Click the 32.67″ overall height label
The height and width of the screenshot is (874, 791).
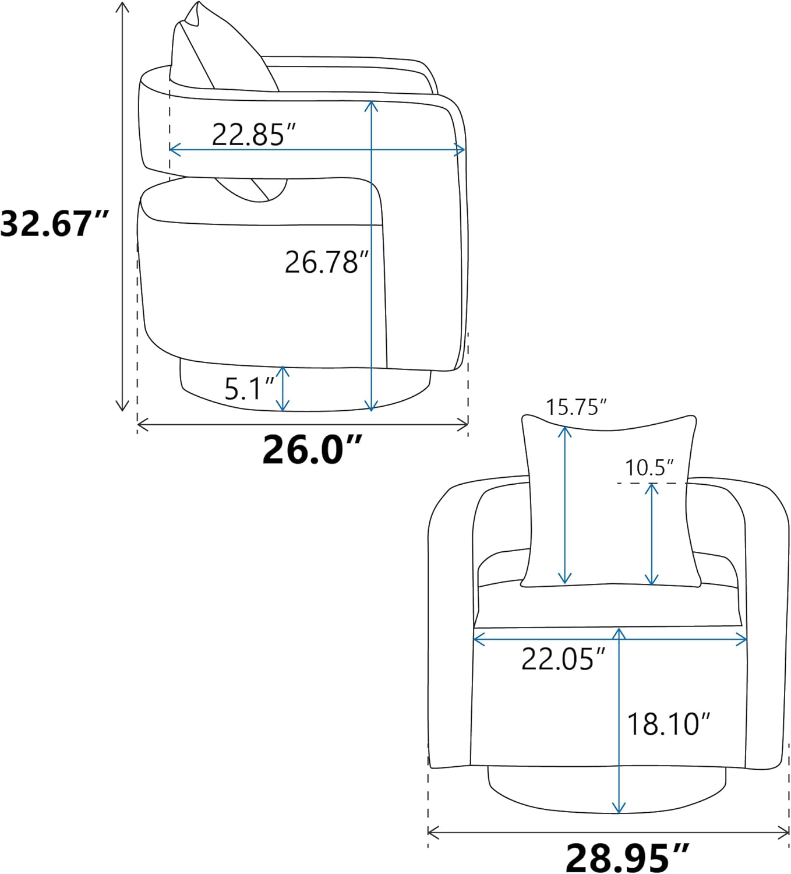click(54, 224)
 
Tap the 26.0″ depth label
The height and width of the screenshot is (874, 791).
click(312, 450)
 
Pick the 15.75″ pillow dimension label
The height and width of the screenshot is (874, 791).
click(576, 407)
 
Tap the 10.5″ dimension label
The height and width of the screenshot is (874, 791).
click(649, 467)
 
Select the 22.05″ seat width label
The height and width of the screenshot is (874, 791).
click(563, 659)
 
